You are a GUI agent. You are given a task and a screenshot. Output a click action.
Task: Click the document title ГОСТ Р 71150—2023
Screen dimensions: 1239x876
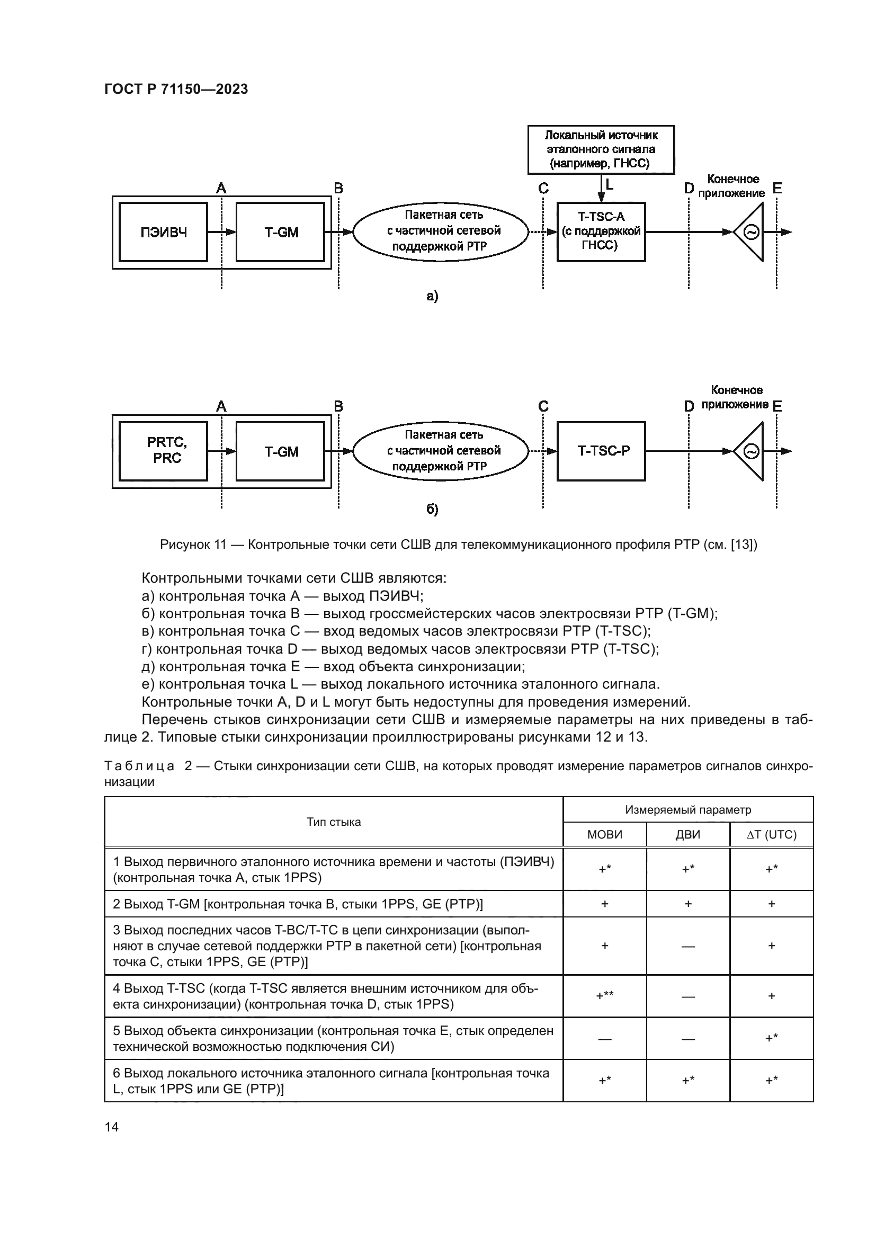176,89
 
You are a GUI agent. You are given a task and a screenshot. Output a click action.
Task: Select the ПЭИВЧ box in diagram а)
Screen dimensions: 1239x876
163,233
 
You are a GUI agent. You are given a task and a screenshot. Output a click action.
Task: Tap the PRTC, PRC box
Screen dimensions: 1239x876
163,451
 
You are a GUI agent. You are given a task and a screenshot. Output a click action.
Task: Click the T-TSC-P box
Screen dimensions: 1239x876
601,451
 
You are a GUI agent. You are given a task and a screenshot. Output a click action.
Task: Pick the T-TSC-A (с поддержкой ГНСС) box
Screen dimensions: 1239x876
601,232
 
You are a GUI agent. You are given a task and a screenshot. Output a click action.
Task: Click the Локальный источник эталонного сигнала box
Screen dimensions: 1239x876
601,149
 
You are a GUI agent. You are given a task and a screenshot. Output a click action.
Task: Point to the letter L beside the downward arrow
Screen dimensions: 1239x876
610,184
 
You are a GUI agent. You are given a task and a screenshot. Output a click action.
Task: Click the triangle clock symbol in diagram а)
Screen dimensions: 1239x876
750,233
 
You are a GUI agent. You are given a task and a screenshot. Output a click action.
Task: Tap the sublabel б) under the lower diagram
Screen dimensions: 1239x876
432,510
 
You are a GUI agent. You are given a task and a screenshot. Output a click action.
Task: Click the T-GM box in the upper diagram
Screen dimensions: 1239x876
281,233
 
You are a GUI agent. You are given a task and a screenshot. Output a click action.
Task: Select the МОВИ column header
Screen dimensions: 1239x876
604,835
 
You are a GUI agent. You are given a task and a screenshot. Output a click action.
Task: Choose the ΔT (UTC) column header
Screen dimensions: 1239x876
771,835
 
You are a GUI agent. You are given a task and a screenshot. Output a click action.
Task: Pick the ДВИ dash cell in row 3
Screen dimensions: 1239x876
688,946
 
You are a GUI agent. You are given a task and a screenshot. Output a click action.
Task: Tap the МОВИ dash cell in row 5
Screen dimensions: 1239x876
604,1039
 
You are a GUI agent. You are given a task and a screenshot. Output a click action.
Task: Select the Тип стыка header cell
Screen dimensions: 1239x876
333,822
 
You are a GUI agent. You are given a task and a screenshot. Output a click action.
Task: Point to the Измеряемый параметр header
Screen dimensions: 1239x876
688,809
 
